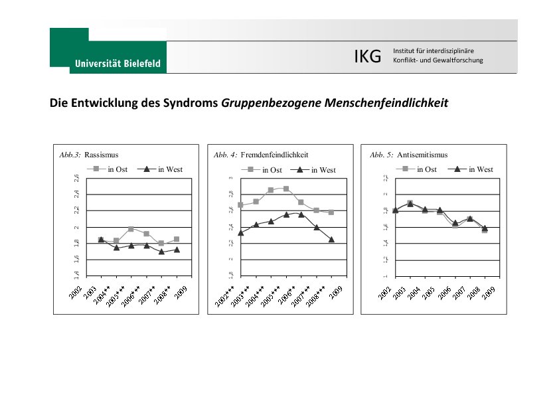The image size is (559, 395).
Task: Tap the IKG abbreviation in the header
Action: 367,57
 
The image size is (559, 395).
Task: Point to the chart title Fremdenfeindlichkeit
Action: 274,155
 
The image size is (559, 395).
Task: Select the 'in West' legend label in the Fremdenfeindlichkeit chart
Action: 323,170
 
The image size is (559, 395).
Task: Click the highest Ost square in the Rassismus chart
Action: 131,229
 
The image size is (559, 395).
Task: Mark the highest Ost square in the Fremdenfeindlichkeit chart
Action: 286,189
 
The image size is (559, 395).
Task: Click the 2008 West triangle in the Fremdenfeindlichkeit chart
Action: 331,239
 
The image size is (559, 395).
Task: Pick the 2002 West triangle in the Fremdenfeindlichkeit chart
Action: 240,232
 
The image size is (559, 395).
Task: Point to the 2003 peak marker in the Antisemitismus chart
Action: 410,203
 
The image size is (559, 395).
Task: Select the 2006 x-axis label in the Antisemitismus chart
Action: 445,294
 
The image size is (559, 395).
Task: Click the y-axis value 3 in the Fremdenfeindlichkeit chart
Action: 230,178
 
